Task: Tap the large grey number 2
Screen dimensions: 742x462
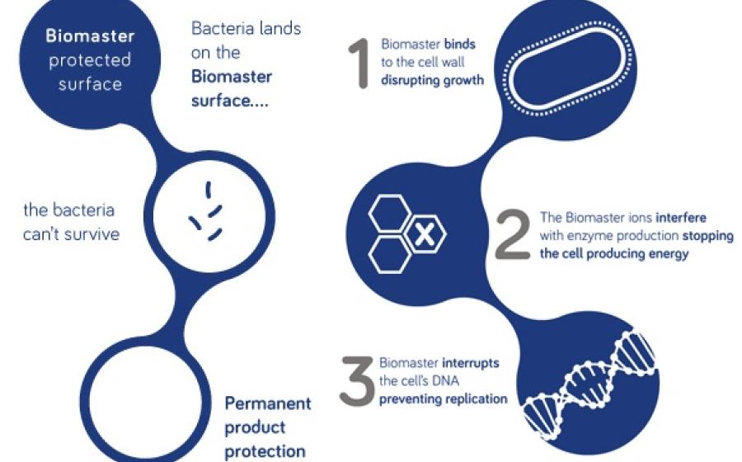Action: (513, 234)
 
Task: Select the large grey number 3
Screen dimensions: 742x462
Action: (357, 380)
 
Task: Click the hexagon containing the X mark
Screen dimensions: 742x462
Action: (425, 233)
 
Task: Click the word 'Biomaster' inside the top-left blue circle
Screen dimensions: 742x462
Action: (90, 36)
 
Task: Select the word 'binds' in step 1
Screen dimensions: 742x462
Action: (459, 44)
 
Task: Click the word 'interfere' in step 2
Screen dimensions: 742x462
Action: (681, 217)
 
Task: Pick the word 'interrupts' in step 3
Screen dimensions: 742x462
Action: (471, 363)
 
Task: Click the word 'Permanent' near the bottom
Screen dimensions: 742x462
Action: (268, 403)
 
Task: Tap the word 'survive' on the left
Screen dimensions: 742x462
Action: (94, 234)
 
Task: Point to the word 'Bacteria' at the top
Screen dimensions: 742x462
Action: (219, 28)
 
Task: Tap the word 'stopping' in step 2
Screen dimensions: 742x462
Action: (708, 236)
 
